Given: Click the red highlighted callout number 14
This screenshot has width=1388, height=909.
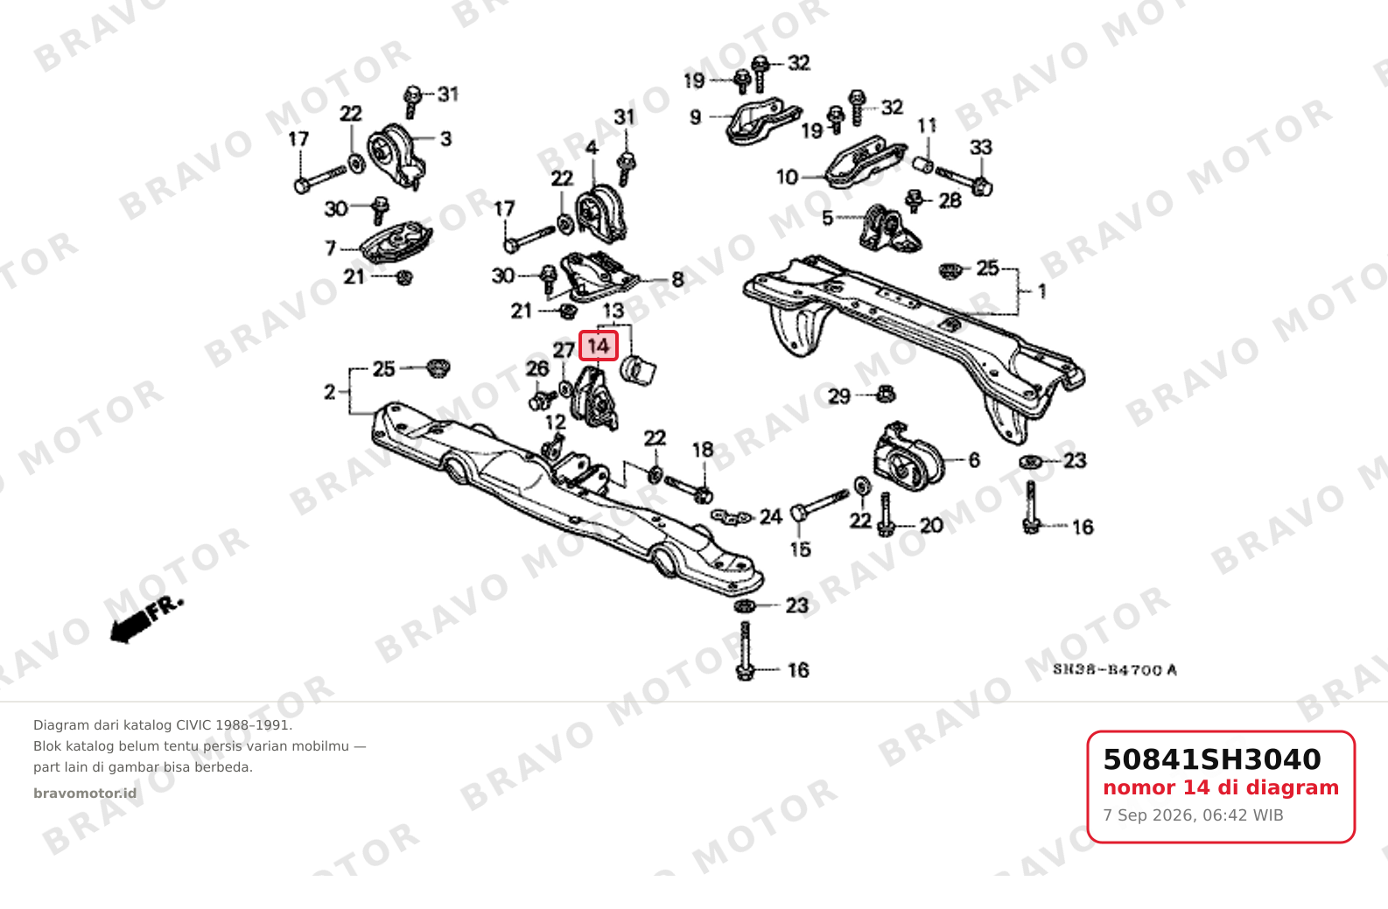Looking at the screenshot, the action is (x=598, y=346).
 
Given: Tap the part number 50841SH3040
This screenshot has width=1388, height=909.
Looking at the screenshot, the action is (x=1212, y=759).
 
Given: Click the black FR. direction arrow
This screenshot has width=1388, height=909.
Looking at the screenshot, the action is (x=146, y=621).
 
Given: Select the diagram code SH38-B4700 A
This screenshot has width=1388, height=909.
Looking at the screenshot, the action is (x=1115, y=670).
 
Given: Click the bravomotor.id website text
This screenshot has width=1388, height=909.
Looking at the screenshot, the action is (x=85, y=794).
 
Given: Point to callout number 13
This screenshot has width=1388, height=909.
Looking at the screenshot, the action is (x=613, y=311).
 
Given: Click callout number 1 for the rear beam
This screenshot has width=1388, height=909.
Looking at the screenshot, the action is (x=1042, y=291).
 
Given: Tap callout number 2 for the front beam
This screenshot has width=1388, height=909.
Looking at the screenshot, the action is (x=330, y=392).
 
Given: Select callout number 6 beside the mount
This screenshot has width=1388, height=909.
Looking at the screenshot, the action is (x=974, y=460).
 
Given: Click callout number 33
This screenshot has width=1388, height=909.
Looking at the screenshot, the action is (x=981, y=148).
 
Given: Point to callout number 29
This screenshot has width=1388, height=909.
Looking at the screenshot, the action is (x=839, y=396).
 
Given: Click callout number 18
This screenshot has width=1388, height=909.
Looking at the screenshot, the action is (x=703, y=450).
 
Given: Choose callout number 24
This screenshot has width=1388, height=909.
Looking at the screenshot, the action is (x=771, y=516).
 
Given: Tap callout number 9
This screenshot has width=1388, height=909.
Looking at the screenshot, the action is (x=695, y=117).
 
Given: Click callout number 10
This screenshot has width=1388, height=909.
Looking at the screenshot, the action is (x=787, y=178).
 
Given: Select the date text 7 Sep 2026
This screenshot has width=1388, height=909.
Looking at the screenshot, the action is (x=1148, y=815).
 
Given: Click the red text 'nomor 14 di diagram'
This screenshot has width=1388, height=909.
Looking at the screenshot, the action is (x=1221, y=788).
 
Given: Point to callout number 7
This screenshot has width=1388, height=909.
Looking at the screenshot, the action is (x=330, y=248).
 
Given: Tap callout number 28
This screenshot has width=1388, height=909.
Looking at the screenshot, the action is (x=950, y=200).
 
